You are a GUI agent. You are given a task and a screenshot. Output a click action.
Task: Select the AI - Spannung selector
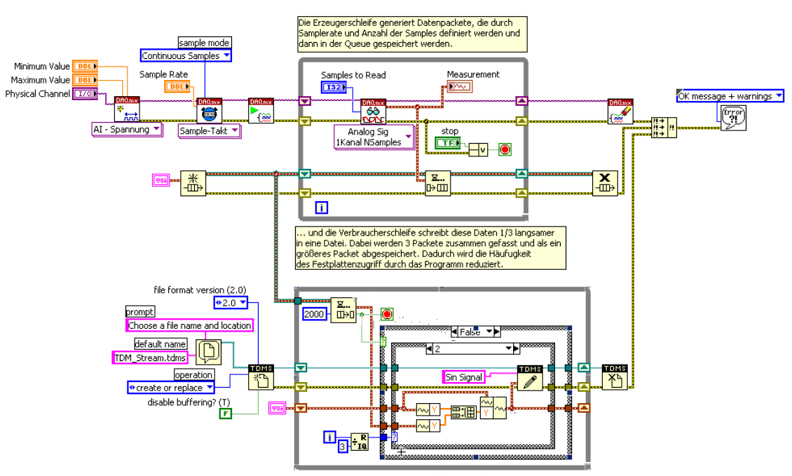pos(127,130)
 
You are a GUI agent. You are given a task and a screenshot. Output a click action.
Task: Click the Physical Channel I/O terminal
pos(85,94)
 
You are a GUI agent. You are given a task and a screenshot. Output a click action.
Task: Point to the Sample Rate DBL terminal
pos(176,86)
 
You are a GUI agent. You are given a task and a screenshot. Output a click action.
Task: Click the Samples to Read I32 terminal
pos(334,87)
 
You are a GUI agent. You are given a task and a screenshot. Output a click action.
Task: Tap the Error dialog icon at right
pos(732,118)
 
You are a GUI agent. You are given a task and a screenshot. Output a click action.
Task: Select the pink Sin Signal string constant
pos(465,377)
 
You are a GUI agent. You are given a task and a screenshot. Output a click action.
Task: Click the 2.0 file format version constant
pos(231,302)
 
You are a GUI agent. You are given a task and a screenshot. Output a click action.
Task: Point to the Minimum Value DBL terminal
pos(85,66)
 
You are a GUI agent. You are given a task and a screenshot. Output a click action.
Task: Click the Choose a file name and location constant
pos(189,325)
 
